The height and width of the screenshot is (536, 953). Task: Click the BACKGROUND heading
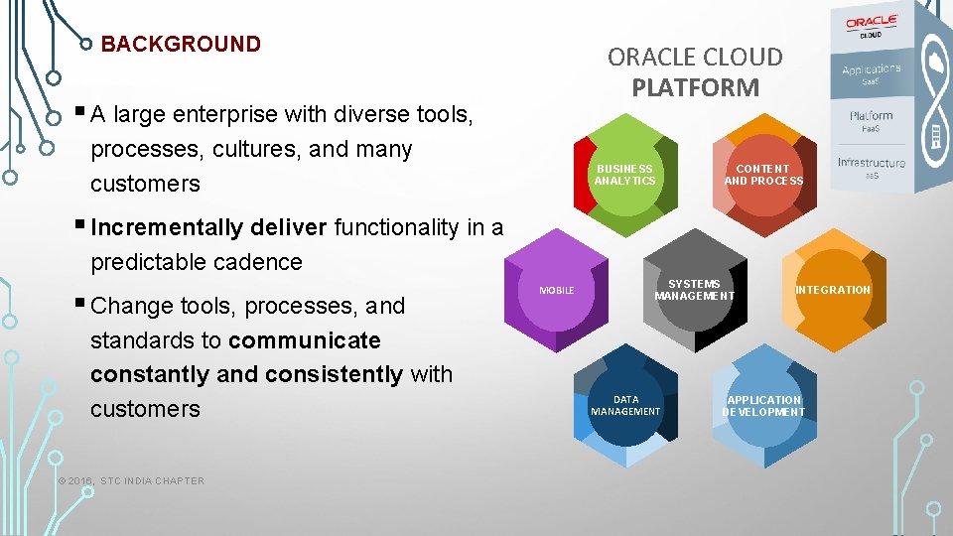(x=181, y=45)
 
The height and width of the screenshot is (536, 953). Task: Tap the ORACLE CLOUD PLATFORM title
(x=695, y=71)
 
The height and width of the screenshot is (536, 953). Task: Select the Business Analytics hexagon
(x=624, y=176)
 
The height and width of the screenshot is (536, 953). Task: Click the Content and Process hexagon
(x=763, y=176)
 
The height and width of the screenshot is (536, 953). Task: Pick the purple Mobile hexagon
(x=556, y=290)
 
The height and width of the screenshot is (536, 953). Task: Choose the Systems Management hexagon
(x=694, y=290)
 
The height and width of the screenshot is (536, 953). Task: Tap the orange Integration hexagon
(x=832, y=290)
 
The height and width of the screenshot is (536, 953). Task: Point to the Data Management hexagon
(x=624, y=405)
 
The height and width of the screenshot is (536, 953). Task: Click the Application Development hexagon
(x=763, y=405)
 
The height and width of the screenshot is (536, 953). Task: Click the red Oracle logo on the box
(x=871, y=22)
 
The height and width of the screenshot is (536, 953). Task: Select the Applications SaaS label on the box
(x=871, y=73)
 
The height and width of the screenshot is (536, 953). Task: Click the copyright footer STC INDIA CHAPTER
(x=131, y=481)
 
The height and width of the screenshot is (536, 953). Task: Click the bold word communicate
(x=304, y=340)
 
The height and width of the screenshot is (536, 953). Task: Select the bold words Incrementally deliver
(x=208, y=227)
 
